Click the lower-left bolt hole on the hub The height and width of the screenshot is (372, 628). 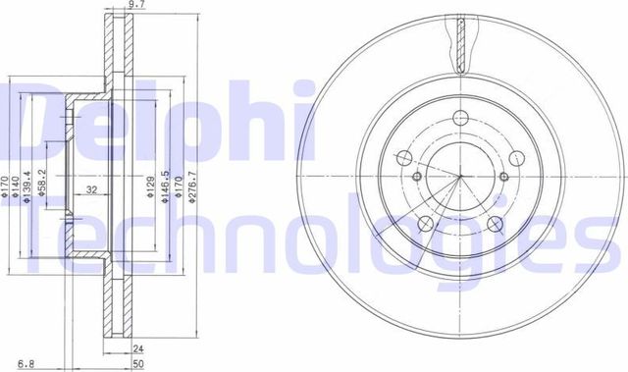425,226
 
